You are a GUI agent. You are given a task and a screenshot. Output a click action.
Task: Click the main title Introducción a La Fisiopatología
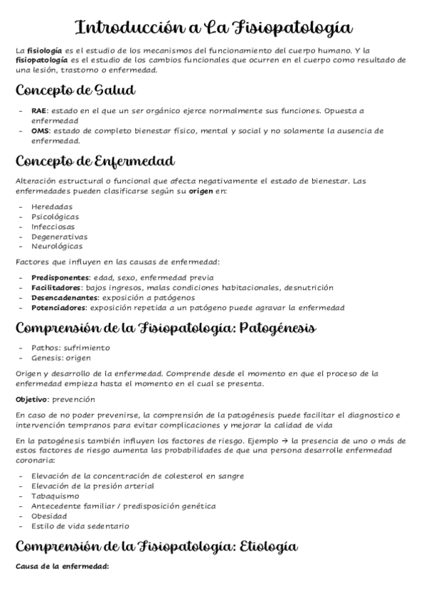pos(213,28)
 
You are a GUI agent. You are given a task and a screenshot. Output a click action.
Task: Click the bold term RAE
pos(38,111)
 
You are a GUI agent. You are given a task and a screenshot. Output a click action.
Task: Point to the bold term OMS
pos(39,131)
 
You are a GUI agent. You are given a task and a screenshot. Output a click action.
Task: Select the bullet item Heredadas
pos(52,206)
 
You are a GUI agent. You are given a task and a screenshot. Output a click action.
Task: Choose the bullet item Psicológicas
pos(55,216)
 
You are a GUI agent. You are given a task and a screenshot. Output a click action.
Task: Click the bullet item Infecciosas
pos(53,226)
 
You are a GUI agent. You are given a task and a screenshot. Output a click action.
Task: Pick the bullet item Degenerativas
pos(59,236)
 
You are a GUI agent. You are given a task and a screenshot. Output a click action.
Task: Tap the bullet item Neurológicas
pos(56,246)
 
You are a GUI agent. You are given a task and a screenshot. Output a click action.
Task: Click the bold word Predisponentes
pos(60,277)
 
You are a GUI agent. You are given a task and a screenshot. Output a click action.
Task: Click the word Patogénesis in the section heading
pos(277,329)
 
